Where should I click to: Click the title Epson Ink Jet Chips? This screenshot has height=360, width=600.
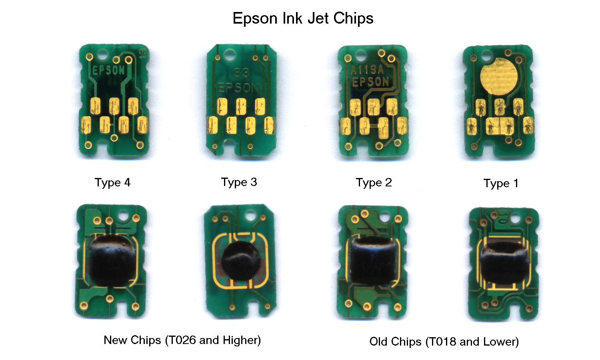[303, 18]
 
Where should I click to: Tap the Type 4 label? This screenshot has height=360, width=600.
[112, 183]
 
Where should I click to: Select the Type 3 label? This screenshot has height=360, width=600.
[239, 182]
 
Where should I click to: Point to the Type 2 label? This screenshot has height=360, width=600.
[374, 183]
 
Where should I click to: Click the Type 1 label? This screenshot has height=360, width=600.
[501, 184]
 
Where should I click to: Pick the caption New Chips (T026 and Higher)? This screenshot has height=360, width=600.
[182, 340]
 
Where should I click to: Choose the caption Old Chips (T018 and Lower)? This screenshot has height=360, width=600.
[444, 342]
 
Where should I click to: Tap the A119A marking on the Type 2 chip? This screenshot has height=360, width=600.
[367, 71]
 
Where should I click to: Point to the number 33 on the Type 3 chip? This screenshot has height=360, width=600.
[241, 73]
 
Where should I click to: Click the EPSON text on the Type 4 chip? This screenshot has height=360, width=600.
[108, 71]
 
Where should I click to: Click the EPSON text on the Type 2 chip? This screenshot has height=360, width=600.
[370, 82]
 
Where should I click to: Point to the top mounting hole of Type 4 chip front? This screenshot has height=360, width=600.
[104, 54]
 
